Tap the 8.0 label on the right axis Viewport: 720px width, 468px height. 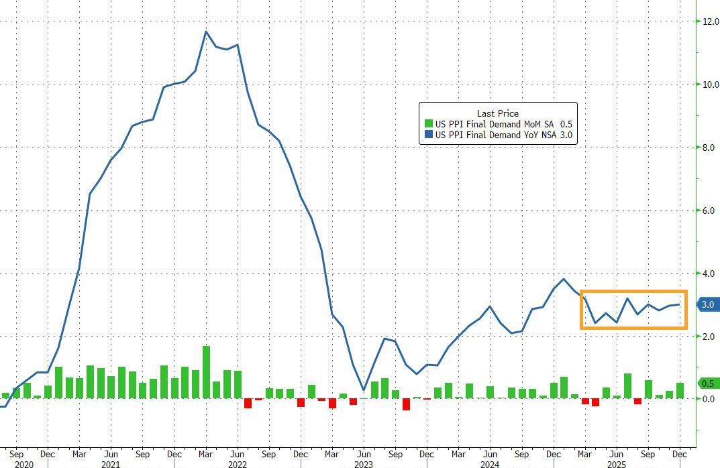coord(708,148)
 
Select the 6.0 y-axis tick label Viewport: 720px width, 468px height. coord(708,211)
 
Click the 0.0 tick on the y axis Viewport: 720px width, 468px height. coord(708,399)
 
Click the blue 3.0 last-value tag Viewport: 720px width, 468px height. coord(707,304)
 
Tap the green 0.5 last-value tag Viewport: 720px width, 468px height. coord(707,384)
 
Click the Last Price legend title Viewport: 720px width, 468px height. coord(497,113)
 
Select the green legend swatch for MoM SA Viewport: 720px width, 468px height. coord(428,124)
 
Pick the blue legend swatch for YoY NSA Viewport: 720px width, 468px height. coord(428,135)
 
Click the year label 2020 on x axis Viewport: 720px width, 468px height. coord(22,463)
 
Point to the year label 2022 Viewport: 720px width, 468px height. coord(238,463)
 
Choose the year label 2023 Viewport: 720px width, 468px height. coord(364,463)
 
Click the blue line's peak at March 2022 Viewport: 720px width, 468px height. coord(206,32)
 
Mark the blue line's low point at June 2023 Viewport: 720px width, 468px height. coord(363,390)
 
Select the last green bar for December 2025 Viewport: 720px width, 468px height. coord(680,391)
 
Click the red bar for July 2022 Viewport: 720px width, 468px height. coord(248,403)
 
